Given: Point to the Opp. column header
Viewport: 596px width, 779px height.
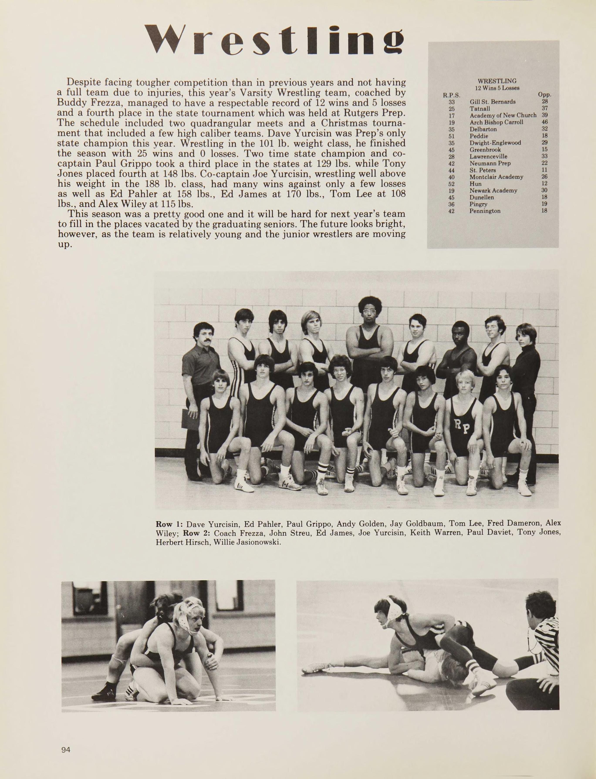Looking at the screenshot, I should pyautogui.click(x=544, y=95).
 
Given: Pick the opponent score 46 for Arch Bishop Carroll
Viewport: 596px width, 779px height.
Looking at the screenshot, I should pyautogui.click(x=545, y=122).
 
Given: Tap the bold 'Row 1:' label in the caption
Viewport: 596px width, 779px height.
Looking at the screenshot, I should pyautogui.click(x=169, y=524).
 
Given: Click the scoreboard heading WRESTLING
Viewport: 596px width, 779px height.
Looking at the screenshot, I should pyautogui.click(x=497, y=81).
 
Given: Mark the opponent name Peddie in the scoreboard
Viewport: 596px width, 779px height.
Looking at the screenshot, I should pyautogui.click(x=479, y=136).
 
